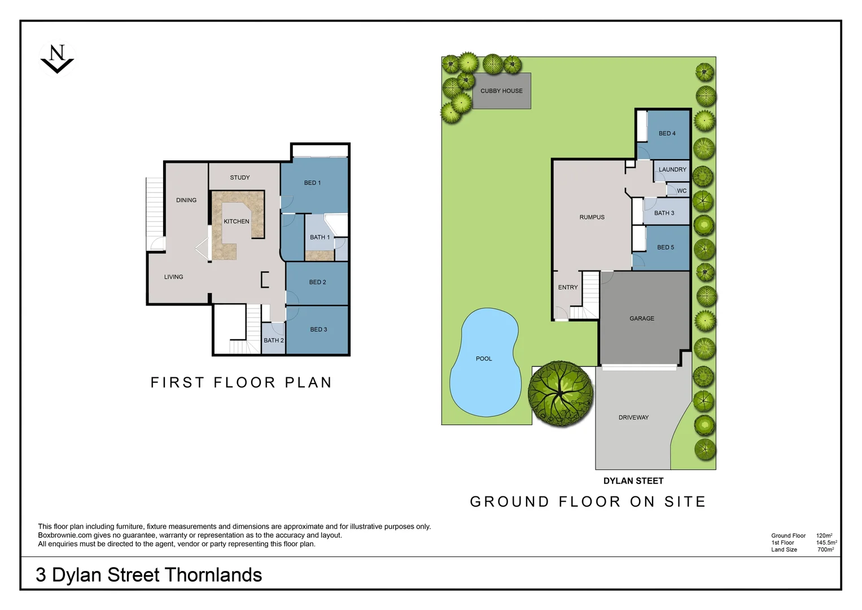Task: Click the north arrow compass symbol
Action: (57, 59)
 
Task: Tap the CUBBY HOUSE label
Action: (501, 91)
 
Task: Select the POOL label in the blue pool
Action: (484, 359)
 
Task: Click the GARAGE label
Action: (642, 319)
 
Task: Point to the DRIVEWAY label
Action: (633, 417)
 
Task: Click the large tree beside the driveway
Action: (561, 394)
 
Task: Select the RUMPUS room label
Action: (592, 217)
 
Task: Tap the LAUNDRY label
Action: (672, 169)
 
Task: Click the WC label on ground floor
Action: (682, 191)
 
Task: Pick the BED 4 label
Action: (667, 134)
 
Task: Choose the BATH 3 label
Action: (664, 213)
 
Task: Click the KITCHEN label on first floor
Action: (236, 221)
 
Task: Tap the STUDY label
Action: (239, 178)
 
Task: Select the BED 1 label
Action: (312, 183)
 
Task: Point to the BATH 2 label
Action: (274, 341)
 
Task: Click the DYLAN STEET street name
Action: (633, 481)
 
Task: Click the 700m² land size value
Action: (825, 550)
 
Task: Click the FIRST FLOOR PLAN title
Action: (241, 383)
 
